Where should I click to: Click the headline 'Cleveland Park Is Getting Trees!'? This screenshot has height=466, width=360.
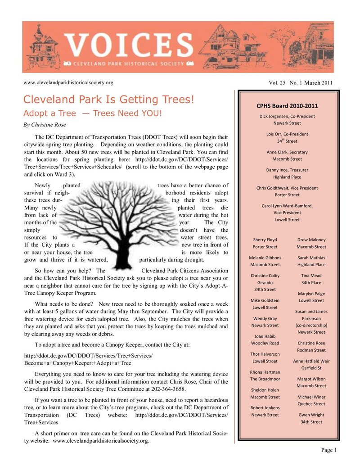pos(108,99)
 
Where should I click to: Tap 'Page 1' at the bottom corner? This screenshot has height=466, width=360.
pos(329,450)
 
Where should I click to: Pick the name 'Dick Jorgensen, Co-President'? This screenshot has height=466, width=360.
pos(287,116)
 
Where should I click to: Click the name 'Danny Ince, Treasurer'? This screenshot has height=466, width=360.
pos(287,170)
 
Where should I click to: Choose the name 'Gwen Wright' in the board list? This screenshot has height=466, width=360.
pos(311,415)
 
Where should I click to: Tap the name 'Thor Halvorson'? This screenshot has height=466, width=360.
pos(265,354)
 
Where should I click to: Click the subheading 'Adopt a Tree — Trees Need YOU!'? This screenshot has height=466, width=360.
pos(92,113)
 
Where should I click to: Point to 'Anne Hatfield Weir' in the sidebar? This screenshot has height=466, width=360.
pos(311,361)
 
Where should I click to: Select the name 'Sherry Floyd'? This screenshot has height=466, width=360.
pos(265,240)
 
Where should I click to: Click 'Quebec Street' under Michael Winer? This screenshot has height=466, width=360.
pos(311,404)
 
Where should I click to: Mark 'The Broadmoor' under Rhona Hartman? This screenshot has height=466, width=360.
pos(265,379)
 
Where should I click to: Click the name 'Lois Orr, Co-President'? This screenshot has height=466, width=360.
pos(287,134)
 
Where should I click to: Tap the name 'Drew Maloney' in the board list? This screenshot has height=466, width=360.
pos(311,240)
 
